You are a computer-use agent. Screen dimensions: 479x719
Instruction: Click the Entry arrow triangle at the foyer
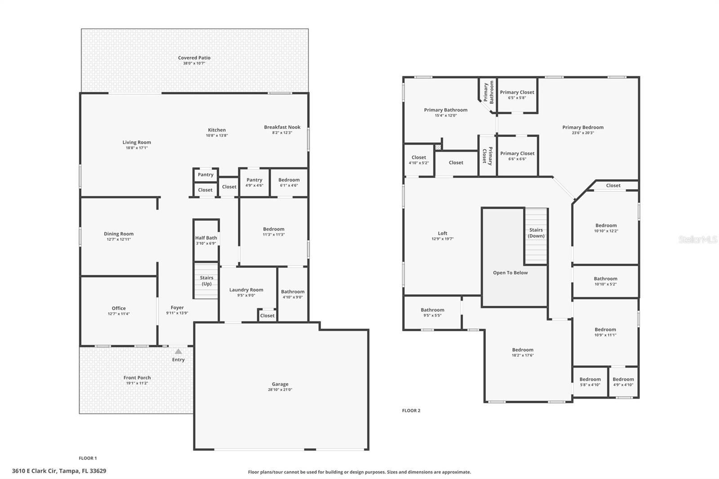(178, 351)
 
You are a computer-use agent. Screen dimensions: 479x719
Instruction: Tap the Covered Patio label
(194, 58)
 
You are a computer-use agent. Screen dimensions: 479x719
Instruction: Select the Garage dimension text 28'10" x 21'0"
(280, 390)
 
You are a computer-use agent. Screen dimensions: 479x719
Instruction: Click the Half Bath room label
(206, 238)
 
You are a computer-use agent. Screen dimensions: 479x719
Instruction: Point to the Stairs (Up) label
(206, 280)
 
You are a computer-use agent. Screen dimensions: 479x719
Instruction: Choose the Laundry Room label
(246, 290)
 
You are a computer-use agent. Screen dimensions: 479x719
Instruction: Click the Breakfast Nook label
(282, 127)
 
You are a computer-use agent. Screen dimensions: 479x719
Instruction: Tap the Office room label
(119, 308)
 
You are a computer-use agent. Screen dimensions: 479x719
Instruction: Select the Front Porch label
(137, 378)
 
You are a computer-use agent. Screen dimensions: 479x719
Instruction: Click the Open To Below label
(510, 273)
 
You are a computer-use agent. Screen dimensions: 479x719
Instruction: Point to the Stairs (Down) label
(536, 233)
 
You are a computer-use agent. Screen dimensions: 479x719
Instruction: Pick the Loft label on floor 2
(443, 233)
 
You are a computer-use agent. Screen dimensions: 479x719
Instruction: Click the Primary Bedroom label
(583, 127)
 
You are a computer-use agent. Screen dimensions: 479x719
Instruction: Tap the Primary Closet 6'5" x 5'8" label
(517, 92)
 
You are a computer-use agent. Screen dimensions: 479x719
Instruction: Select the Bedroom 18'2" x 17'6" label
(523, 350)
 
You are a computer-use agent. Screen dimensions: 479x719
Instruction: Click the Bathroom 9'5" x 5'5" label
(432, 310)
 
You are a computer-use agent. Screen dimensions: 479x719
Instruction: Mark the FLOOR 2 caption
(411, 411)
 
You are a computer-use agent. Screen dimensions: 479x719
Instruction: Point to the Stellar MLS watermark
(698, 239)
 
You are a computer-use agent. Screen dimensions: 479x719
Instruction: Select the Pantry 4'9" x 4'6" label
(254, 180)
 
